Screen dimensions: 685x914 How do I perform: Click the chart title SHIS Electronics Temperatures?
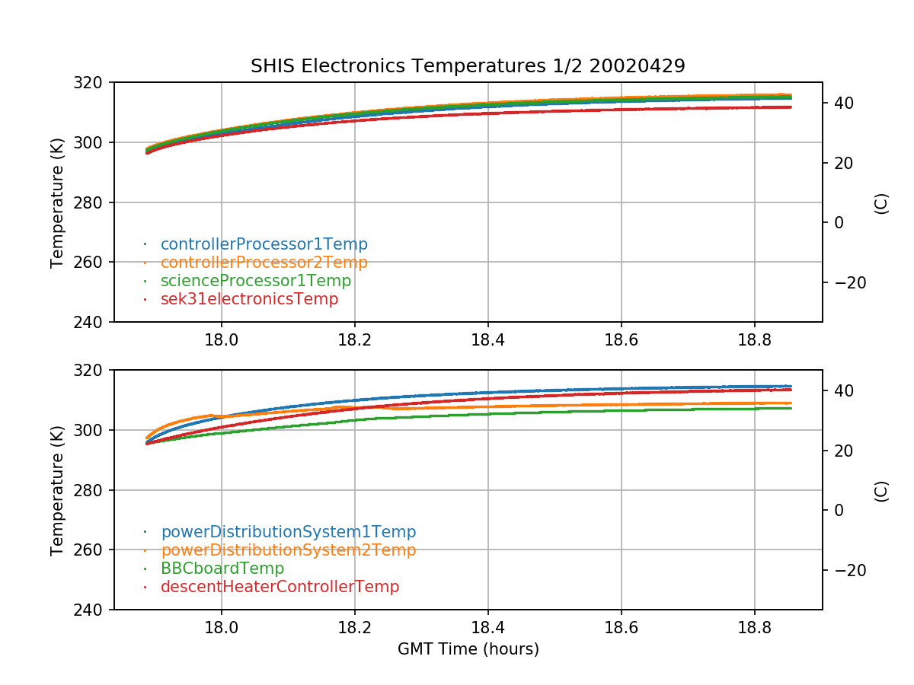(468, 66)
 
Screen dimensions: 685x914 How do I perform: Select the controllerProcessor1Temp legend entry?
(264, 244)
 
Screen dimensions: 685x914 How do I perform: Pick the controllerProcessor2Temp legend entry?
(264, 263)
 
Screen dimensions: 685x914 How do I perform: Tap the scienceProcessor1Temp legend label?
(256, 281)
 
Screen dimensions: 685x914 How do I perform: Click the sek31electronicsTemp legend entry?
(249, 299)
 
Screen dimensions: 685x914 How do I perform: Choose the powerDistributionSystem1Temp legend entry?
(288, 532)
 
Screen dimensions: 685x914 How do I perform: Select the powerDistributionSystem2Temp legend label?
(288, 550)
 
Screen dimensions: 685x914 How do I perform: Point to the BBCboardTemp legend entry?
(222, 569)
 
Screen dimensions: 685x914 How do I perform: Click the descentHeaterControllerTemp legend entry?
(280, 587)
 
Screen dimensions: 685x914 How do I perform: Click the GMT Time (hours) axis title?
(468, 649)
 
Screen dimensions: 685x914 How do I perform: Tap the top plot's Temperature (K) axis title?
(57, 202)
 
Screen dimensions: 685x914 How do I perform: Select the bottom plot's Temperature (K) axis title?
(57, 489)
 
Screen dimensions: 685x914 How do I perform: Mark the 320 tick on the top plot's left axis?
(94, 82)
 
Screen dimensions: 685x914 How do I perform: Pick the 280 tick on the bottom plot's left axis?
(94, 490)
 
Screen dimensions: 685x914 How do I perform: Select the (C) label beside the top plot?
(881, 203)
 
